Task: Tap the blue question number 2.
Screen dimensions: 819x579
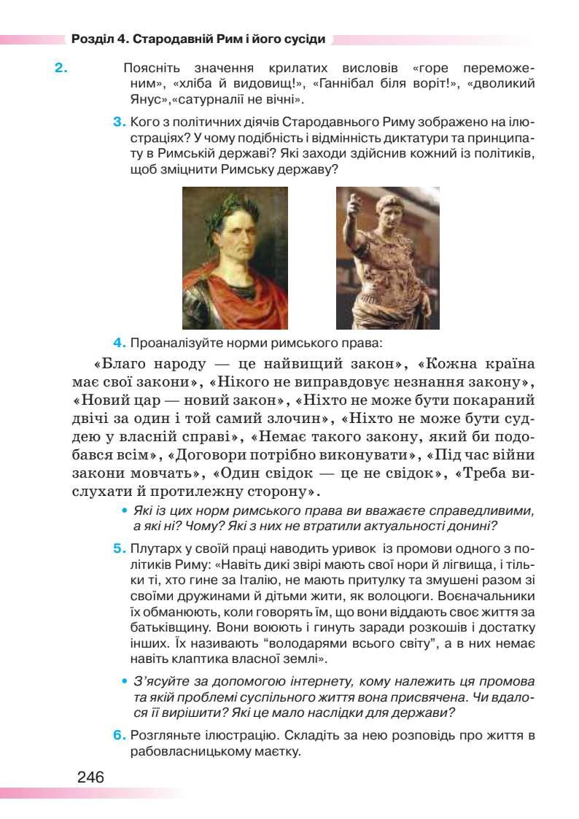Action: [x=61, y=69]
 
